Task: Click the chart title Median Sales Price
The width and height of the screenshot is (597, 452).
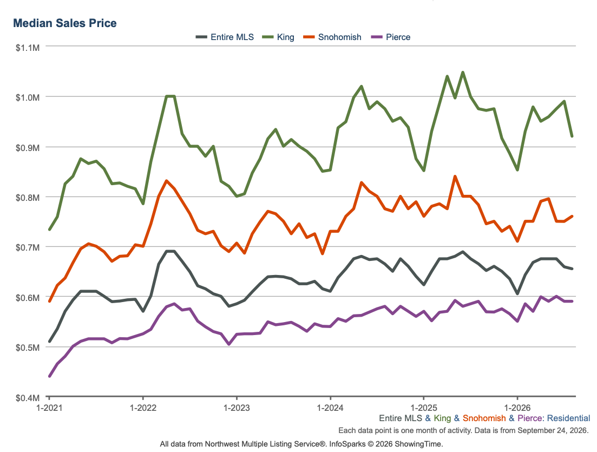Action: pyautogui.click(x=65, y=23)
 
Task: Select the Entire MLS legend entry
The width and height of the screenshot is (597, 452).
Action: pyautogui.click(x=225, y=37)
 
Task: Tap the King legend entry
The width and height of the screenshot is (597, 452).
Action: pyautogui.click(x=278, y=37)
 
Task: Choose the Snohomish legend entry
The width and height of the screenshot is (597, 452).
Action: pyautogui.click(x=332, y=37)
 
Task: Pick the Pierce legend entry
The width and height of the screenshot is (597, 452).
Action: pyautogui.click(x=391, y=37)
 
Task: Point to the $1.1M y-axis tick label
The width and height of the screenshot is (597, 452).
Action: pyautogui.click(x=28, y=48)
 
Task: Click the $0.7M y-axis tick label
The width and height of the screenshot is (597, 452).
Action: pyautogui.click(x=28, y=248)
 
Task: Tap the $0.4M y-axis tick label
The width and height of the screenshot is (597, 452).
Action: pyautogui.click(x=28, y=398)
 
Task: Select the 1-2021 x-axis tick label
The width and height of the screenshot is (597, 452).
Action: pyautogui.click(x=49, y=408)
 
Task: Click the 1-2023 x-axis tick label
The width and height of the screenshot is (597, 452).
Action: pyautogui.click(x=237, y=408)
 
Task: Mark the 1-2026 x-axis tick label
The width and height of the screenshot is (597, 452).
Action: pyautogui.click(x=517, y=408)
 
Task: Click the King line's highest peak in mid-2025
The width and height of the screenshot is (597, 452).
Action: pyautogui.click(x=463, y=72)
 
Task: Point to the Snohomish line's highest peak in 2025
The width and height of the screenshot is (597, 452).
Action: pyautogui.click(x=455, y=176)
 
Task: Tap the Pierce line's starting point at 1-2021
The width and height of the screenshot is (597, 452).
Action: pyautogui.click(x=49, y=376)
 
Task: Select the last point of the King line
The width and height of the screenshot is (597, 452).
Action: pyautogui.click(x=572, y=136)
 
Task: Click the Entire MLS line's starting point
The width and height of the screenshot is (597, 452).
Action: pyautogui.click(x=49, y=341)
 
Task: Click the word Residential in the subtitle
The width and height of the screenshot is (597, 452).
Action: pyautogui.click(x=568, y=418)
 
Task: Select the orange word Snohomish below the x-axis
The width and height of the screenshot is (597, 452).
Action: pyautogui.click(x=484, y=418)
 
